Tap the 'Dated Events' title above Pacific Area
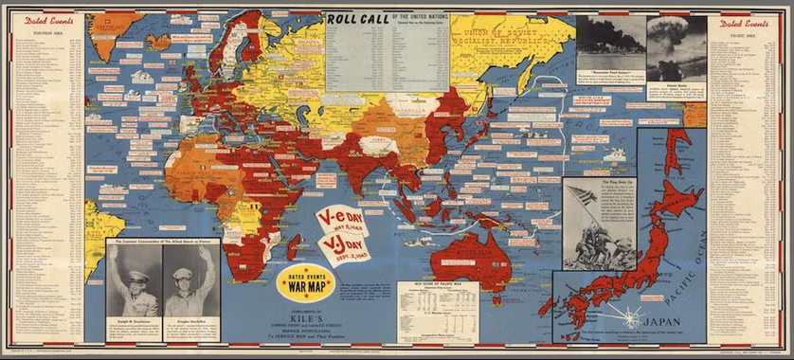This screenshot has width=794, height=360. [x=744, y=25]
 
